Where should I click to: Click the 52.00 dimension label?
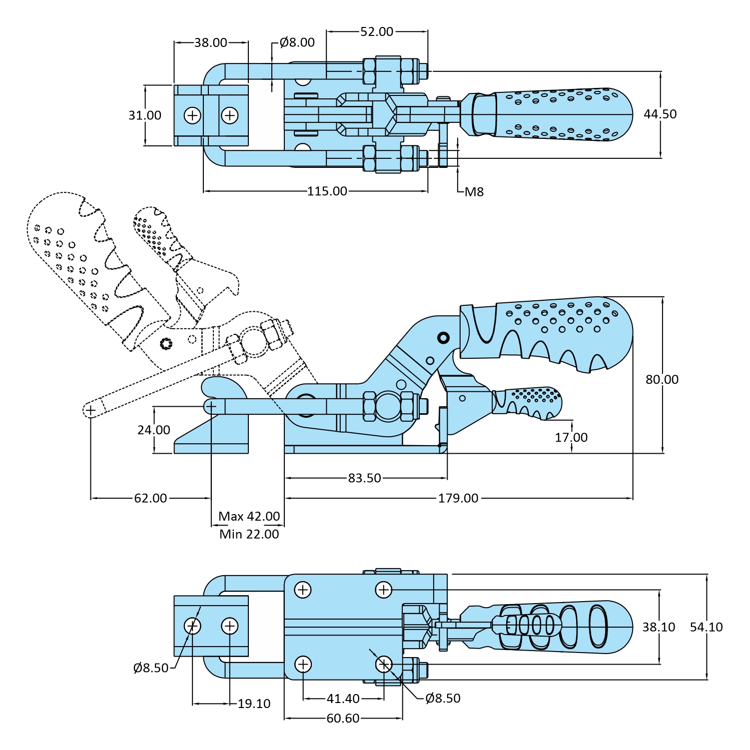pos(377,31)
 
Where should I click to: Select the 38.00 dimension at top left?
pos(211,42)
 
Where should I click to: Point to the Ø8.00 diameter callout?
pos(297,42)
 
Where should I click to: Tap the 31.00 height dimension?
pos(145,115)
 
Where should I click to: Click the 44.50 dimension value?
pos(660,114)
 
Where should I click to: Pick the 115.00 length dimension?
pos(327,191)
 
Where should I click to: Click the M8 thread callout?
pos(474,192)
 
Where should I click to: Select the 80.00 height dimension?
pos(662,379)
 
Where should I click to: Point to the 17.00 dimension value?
pos(571,437)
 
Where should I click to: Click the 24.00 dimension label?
pos(154,430)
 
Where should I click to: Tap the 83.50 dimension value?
pos(365,478)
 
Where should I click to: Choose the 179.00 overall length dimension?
pos(458,498)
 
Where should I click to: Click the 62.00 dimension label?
pos(150,498)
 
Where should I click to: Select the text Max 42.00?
pos(249,516)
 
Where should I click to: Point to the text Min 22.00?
pos(249,534)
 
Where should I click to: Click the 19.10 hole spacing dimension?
pos(254,704)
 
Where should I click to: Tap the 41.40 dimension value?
pos(343,698)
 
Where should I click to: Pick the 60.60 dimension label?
pos(343,718)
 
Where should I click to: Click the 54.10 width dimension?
pos(706,627)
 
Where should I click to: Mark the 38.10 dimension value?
pos(659,627)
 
